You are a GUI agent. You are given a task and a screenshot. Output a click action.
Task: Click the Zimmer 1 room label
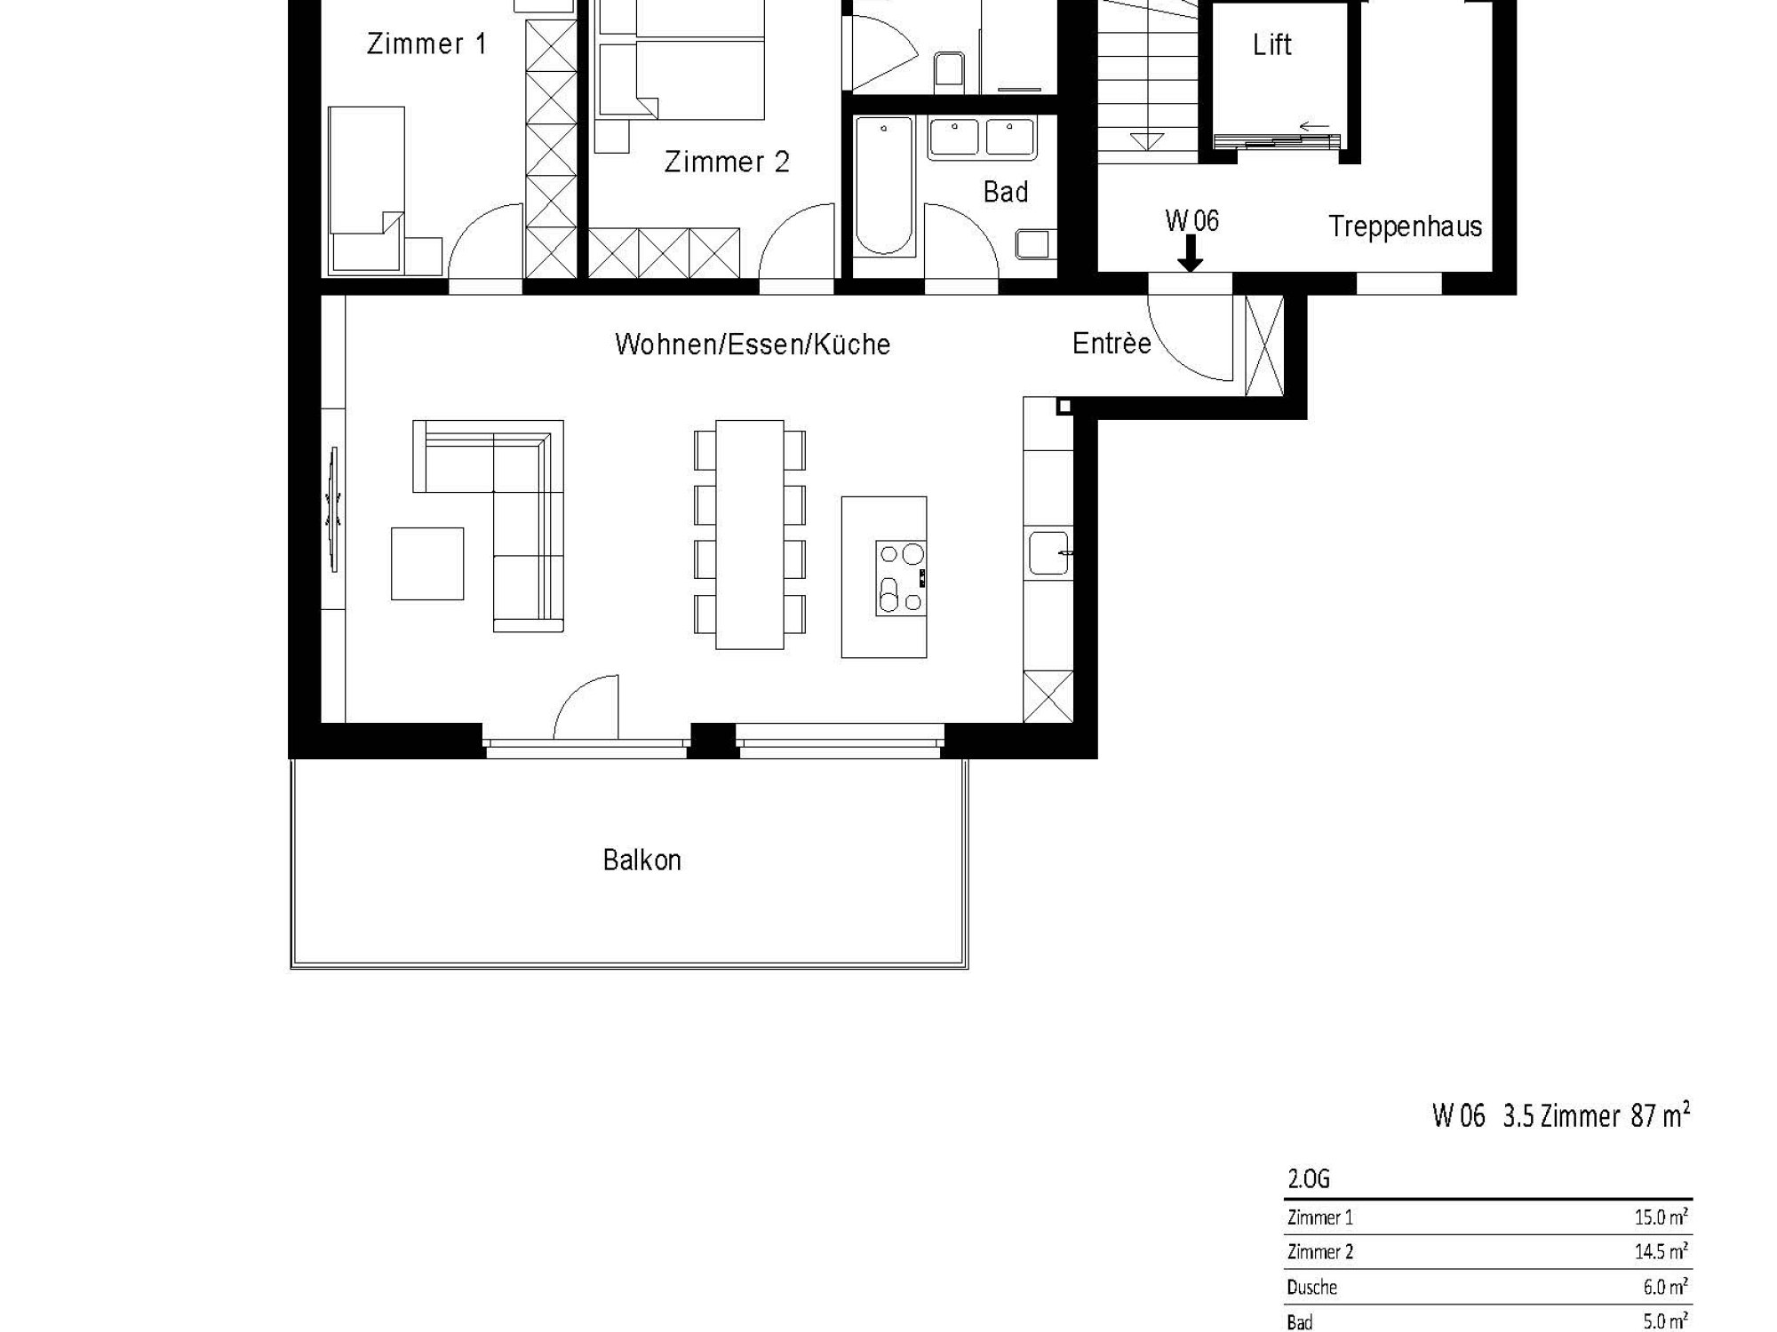point(426,44)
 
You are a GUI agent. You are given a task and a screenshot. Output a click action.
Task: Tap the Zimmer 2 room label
point(727,162)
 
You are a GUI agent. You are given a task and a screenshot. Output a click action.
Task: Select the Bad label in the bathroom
point(1005,192)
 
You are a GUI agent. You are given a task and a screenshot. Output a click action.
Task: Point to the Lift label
point(1271,44)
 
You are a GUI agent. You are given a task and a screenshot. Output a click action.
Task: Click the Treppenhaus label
point(1405,226)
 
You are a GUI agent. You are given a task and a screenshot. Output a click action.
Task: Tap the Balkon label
point(641,860)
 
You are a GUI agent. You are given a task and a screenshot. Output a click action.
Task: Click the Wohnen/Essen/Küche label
point(753,344)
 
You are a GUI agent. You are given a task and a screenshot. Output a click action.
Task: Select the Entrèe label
point(1112,343)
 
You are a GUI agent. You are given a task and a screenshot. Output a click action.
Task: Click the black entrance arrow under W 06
point(1190,253)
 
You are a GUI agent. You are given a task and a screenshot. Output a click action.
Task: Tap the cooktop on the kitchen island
point(901,578)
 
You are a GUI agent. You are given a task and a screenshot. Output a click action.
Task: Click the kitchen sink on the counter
point(1048,551)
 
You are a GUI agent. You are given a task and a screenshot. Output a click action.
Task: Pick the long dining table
point(750,535)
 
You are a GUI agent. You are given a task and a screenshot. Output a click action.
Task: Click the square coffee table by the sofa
point(427,564)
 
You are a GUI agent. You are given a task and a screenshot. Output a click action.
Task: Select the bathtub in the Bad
point(884,186)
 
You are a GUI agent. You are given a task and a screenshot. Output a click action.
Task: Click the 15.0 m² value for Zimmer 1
point(1661,1217)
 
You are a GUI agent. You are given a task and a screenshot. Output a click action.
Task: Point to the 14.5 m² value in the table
point(1661,1251)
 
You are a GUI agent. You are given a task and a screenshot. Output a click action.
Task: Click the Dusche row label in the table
point(1311,1287)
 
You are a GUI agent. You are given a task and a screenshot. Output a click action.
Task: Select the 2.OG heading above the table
point(1309,1179)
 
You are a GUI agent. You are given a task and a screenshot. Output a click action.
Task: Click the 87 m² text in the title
point(1660,1115)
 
